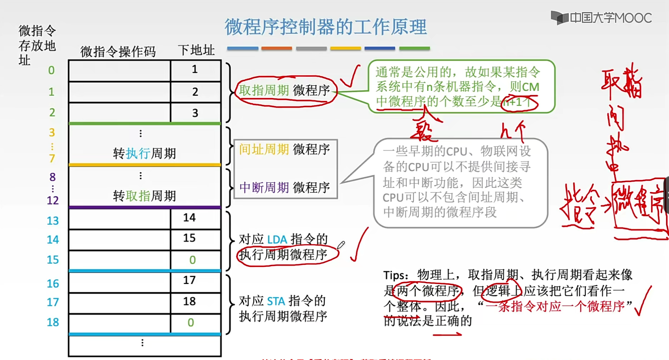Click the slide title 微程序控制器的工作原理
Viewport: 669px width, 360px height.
pyautogui.click(x=325, y=27)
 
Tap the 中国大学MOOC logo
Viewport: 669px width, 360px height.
pyautogui.click(x=601, y=18)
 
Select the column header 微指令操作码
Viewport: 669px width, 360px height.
pyautogui.click(x=118, y=52)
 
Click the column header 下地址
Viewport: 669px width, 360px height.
pyautogui.click(x=196, y=50)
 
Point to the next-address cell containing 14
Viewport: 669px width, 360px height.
pyautogui.click(x=189, y=217)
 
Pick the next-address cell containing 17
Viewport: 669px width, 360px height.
pyautogui.click(x=189, y=280)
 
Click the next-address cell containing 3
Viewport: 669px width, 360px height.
pyautogui.click(x=195, y=113)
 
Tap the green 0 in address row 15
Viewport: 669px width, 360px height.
pyautogui.click(x=192, y=260)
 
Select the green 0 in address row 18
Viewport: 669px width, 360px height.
pyautogui.click(x=191, y=322)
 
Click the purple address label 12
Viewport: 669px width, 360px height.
pyautogui.click(x=53, y=201)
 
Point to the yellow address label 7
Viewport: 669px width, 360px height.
pyautogui.click(x=52, y=158)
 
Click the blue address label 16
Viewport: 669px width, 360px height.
pyautogui.click(x=53, y=284)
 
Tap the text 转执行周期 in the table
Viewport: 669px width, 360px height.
pyautogui.click(x=144, y=153)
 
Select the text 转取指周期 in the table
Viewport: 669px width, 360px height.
pyautogui.click(x=144, y=196)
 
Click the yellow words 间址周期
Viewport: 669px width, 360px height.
pyautogui.click(x=264, y=149)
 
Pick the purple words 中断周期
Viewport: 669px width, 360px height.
pyautogui.click(x=264, y=187)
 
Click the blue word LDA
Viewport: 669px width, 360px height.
pyautogui.click(x=277, y=240)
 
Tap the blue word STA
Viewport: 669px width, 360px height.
pyautogui.click(x=276, y=301)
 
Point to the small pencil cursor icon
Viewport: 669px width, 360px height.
pyautogui.click(x=341, y=245)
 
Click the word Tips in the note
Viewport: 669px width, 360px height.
pyautogui.click(x=395, y=275)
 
